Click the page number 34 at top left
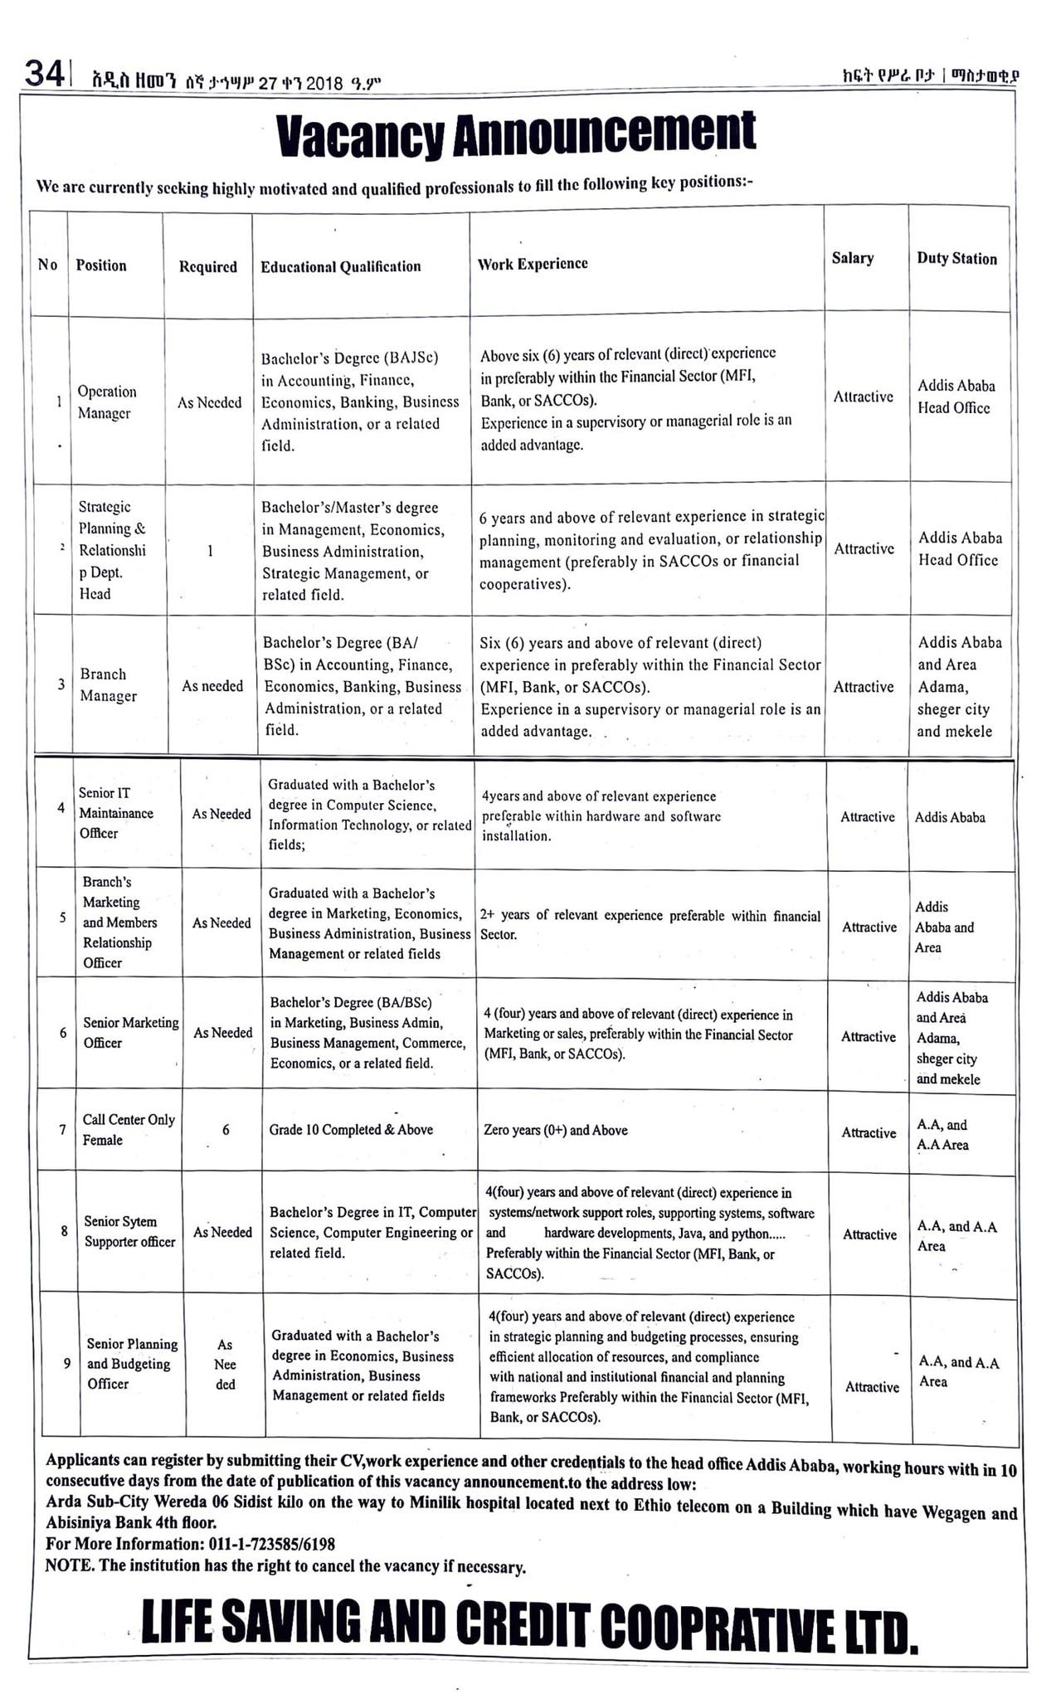pos(44,74)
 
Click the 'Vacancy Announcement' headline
pos(516,134)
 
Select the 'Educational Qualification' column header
pos(340,266)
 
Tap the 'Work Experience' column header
pos(533,264)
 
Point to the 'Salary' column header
pos(853,258)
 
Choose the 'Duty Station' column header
pos(956,259)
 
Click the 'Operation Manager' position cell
pos(107,402)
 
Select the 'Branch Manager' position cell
pos(108,685)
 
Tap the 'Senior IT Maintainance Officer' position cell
pos(116,813)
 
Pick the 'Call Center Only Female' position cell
pos(129,1129)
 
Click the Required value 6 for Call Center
pos(226,1130)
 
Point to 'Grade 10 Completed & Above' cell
pos(351,1130)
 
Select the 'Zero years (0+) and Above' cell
pos(556,1130)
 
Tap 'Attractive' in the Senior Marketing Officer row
pos(869,1036)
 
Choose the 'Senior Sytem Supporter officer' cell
pos(129,1231)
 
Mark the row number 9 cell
pos(66,1362)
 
